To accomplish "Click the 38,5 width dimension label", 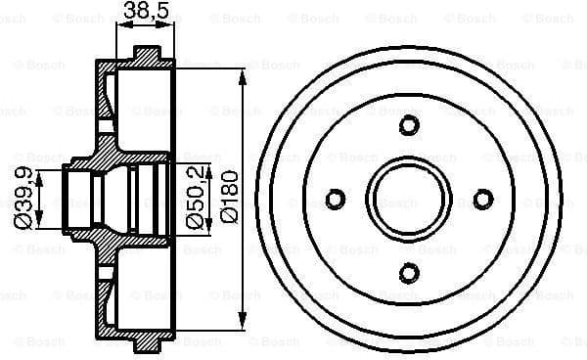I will [144, 13].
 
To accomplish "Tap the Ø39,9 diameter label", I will [22, 198].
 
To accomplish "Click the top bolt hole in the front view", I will [409, 124].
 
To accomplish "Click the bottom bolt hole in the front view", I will [409, 273].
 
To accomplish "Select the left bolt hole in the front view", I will [335, 199].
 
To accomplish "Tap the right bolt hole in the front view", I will [483, 199].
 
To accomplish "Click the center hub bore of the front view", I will [409, 199].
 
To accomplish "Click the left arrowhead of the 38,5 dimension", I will [120, 28].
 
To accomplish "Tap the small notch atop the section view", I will [147, 51].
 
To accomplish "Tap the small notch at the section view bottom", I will [147, 346].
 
